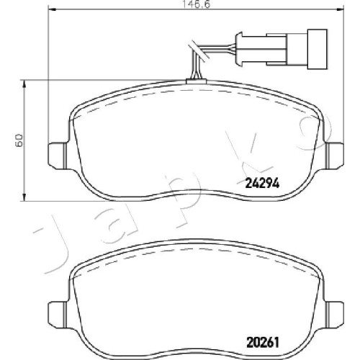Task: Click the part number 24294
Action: pos(262,184)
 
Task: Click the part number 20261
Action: pos(263,343)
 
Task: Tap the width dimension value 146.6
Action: pos(197,4)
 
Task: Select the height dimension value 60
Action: pos(19,140)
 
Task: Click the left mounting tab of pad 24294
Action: pos(57,156)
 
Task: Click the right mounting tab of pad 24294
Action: pos(335,156)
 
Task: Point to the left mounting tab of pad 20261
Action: pos(57,314)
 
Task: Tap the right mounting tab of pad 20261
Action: pos(335,314)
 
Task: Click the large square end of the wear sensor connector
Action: pos(318,49)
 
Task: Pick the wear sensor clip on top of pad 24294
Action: pos(196,81)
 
